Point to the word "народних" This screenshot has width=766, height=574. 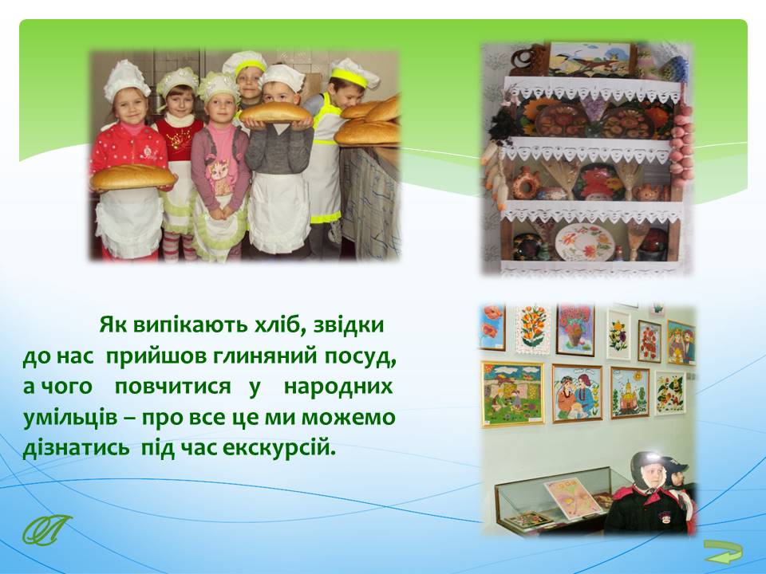(x=338, y=387)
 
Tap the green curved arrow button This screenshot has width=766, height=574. (x=723, y=552)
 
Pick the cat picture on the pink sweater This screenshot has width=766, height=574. (x=219, y=175)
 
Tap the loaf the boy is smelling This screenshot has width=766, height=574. (x=274, y=112)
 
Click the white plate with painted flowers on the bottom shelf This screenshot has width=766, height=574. (x=585, y=242)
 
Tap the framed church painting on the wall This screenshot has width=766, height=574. (x=630, y=393)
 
